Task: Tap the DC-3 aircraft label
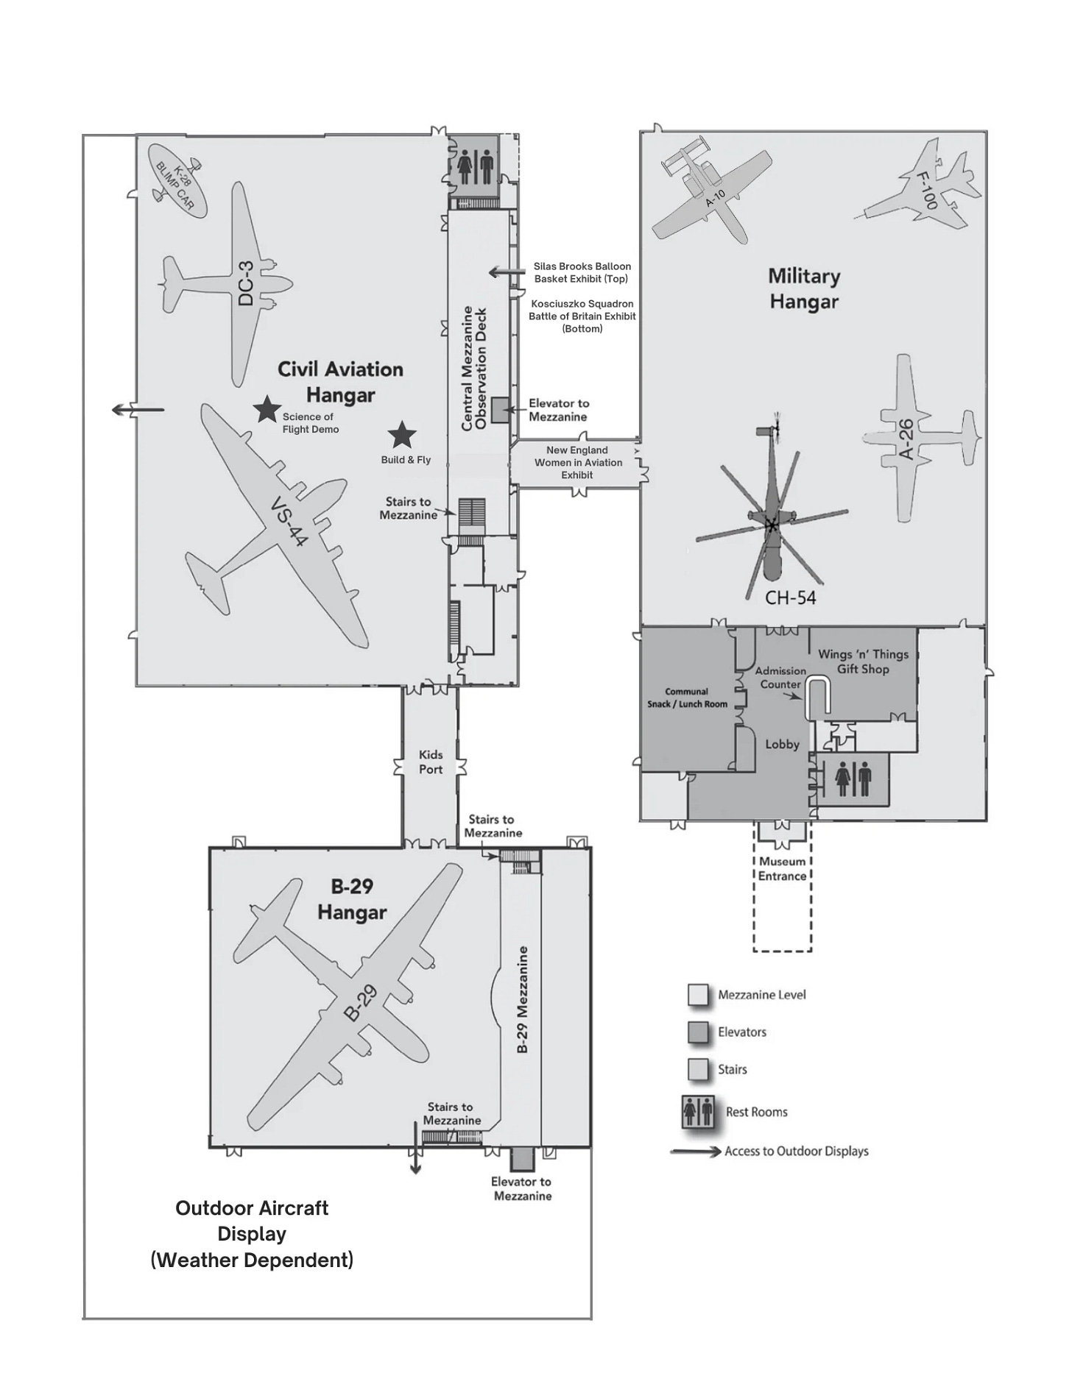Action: pos(247,283)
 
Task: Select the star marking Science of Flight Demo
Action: pos(266,409)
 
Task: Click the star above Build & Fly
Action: pos(401,435)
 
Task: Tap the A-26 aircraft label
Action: pos(907,439)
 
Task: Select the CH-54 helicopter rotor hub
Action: pos(771,525)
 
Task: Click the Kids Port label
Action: pos(431,762)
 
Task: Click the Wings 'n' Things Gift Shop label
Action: pos(863,661)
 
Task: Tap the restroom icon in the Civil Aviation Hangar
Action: pos(475,167)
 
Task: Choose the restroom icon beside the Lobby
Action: pos(853,780)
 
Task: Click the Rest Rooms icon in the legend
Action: pos(697,1112)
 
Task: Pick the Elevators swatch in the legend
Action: pos(697,1032)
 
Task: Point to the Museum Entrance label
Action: pos(782,868)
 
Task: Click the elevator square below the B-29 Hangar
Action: pos(522,1160)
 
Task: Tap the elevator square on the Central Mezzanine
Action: pos(500,410)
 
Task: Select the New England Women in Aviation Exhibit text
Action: pos(578,462)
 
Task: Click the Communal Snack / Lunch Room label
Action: pos(687,698)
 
